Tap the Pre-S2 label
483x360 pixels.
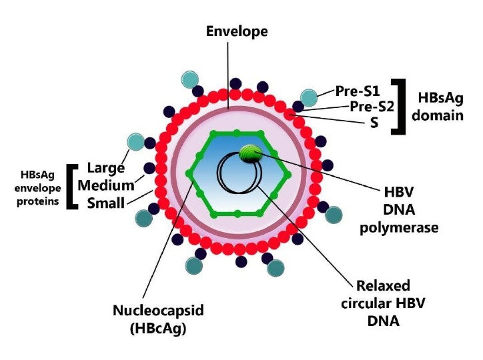click(373, 106)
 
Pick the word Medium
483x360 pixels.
click(105, 185)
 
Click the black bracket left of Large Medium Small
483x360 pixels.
click(71, 186)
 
